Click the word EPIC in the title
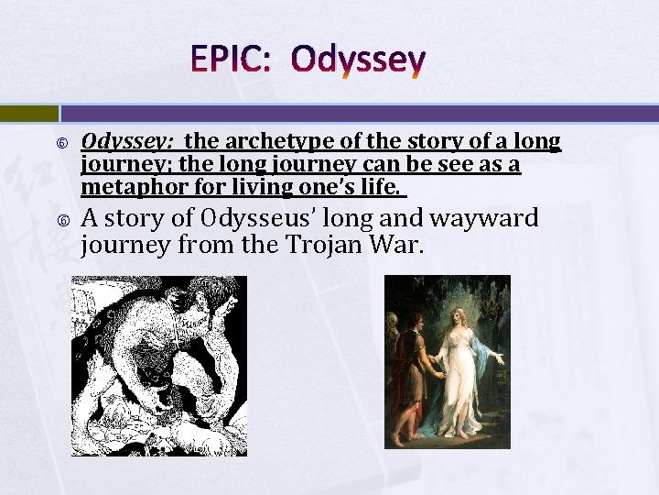pos(229,60)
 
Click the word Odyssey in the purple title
pos(358,62)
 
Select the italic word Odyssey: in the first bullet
pos(129,142)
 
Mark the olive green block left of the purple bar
pos(28,114)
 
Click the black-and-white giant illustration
pos(159,366)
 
